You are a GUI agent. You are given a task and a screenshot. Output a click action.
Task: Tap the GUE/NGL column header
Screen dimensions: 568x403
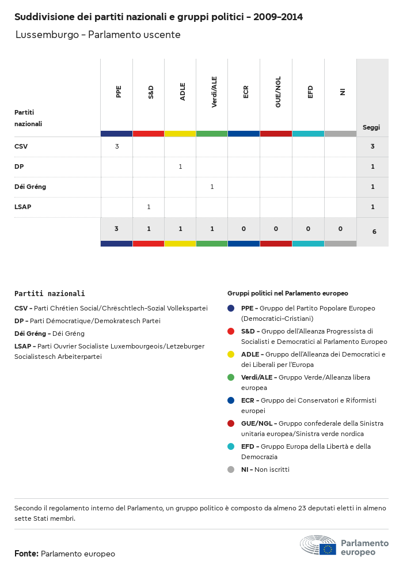278,92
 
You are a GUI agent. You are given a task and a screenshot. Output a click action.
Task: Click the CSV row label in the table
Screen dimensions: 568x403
21,146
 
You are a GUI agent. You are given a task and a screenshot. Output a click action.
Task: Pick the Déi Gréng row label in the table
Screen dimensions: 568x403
30,187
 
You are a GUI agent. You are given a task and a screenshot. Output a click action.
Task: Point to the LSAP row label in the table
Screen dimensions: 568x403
23,207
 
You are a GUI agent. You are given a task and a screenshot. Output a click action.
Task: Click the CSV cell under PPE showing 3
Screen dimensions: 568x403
117,146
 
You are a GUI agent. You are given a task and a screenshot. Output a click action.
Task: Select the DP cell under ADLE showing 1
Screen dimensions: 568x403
180,166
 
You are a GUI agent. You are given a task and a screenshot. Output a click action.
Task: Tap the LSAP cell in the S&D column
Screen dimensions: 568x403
149,207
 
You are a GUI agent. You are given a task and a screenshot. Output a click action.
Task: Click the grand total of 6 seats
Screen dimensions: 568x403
374,232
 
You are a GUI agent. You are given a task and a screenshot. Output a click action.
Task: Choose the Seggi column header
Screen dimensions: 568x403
371,127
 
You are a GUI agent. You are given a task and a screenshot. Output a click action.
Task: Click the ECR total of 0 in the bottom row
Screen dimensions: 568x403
244,229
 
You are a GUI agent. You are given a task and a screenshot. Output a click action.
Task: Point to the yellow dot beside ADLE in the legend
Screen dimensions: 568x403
231,354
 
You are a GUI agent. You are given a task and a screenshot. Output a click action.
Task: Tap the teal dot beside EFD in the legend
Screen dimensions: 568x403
231,446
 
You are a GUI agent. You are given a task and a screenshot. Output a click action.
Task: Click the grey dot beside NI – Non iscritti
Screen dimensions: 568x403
231,469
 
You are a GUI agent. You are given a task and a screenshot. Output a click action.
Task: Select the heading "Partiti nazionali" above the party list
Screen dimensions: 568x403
50,293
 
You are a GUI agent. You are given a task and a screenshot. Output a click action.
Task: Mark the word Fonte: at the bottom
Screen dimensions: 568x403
26,554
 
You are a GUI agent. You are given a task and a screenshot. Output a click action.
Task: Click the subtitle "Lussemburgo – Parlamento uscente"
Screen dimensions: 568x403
98,35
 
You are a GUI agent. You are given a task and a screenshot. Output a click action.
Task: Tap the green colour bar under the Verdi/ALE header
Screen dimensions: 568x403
212,134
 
